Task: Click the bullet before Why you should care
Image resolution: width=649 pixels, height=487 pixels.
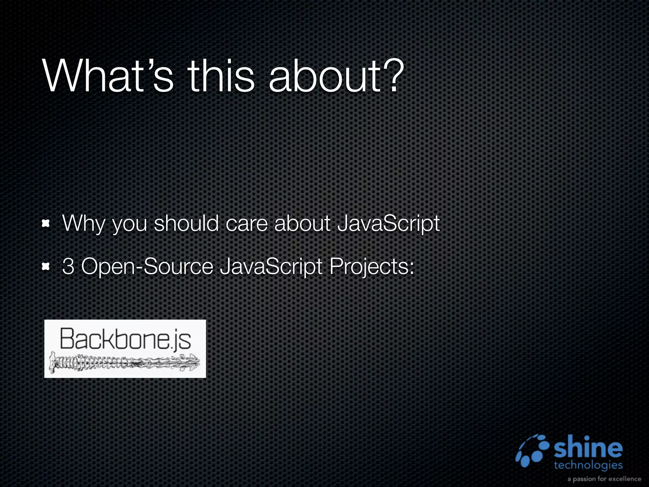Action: point(46,224)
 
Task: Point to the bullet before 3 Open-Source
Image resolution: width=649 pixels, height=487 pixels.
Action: point(46,267)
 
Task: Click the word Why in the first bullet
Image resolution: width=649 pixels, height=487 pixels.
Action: point(83,224)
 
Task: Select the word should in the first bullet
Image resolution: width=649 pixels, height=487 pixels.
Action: point(186,224)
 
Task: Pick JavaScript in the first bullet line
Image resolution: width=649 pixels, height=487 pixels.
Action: point(389,224)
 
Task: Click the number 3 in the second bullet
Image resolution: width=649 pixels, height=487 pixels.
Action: point(68,267)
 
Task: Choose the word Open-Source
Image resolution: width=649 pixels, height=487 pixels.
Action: point(147,267)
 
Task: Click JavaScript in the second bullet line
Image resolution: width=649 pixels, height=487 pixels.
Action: point(271,267)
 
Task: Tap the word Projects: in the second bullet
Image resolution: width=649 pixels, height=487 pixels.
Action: point(372,267)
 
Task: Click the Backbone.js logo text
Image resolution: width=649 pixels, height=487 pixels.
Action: point(125,339)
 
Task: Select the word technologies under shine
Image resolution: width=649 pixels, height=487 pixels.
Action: point(588,465)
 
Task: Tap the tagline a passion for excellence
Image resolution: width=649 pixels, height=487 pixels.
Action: point(604,479)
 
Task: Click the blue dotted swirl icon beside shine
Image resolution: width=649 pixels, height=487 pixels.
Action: point(533,451)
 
